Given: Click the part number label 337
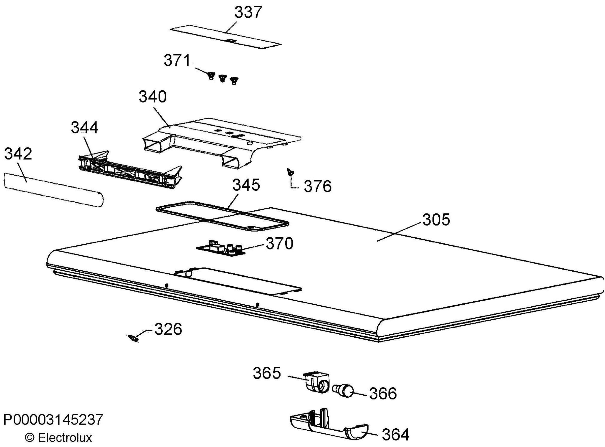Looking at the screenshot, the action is pos(248,12).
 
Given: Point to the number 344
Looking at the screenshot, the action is pos(84,127).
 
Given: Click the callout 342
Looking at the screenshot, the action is pos(18,154).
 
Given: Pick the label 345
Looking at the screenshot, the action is pos(246,185).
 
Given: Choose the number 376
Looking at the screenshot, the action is pos(318,186).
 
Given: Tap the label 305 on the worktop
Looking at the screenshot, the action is pos(436,220).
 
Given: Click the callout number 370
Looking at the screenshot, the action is pos(279,243).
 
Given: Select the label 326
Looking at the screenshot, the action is pos(168,329).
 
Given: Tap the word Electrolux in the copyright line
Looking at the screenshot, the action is pos(65,437).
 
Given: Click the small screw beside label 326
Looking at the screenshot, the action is pos(133,338).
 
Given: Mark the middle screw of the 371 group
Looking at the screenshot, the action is pos(222,78).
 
